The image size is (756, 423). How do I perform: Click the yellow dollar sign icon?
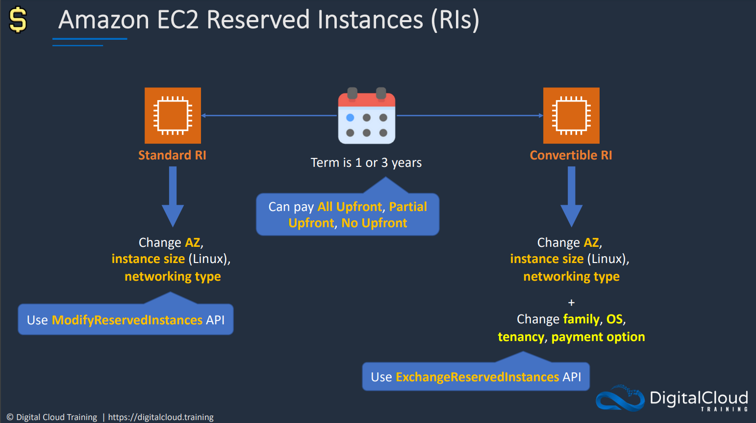(x=18, y=20)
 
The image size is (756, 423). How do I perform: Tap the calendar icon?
(x=367, y=115)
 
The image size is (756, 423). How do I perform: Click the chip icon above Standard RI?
(x=173, y=115)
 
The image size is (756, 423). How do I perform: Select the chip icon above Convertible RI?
(x=571, y=115)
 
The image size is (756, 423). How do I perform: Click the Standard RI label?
(x=172, y=155)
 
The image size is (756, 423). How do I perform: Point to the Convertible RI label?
(x=571, y=155)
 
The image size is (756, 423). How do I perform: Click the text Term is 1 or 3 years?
(x=366, y=163)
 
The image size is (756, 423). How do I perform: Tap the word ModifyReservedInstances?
(x=127, y=320)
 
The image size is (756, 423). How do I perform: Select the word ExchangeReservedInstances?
(x=478, y=377)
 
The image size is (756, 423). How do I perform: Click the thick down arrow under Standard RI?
(x=173, y=197)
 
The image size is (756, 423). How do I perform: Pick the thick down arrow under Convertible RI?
(x=571, y=197)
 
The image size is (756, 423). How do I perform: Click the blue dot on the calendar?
(x=351, y=118)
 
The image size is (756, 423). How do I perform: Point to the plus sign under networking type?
(x=571, y=302)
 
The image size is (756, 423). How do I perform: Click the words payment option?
(x=598, y=337)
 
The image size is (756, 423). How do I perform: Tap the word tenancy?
(x=521, y=337)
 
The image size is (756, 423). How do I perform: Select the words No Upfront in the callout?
(x=374, y=223)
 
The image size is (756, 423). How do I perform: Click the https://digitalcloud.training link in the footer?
(x=161, y=417)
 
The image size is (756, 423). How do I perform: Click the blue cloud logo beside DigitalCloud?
(x=620, y=398)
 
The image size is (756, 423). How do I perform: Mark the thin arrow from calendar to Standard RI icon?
(x=269, y=115)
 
